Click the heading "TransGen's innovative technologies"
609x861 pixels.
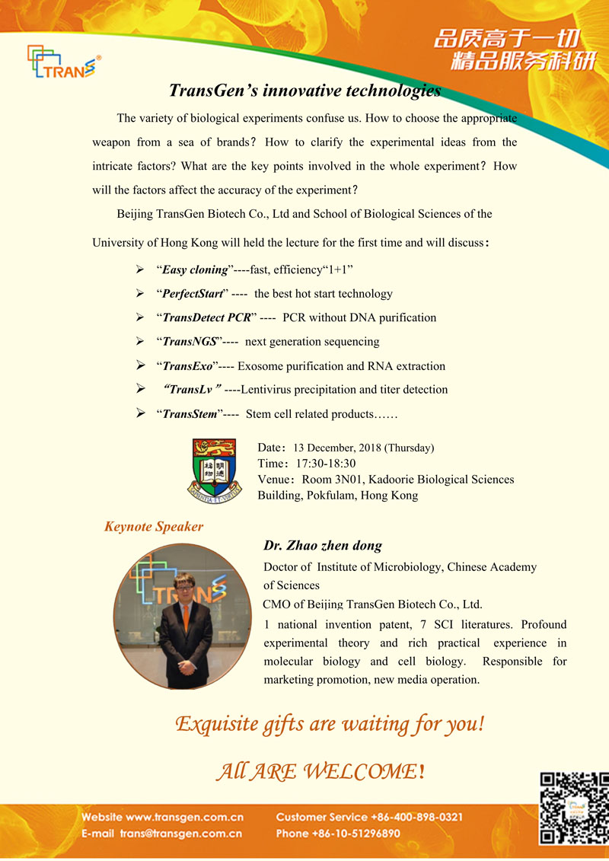click(304, 91)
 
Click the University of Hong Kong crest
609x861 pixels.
click(216, 469)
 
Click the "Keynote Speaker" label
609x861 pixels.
click(154, 527)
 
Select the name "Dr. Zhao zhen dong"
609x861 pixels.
click(323, 545)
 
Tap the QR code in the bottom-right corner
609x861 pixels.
click(574, 808)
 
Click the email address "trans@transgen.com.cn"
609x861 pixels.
click(180, 834)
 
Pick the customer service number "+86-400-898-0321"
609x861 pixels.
click(417, 818)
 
